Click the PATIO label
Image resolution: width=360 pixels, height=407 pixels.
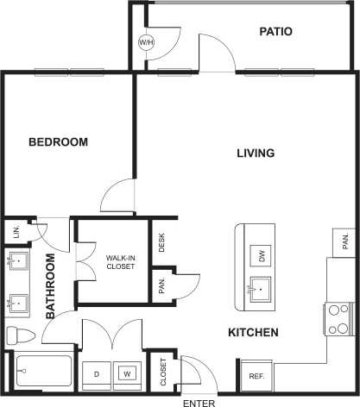click(x=275, y=32)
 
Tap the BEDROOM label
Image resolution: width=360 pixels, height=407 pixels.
click(x=58, y=142)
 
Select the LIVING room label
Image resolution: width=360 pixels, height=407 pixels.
click(x=256, y=153)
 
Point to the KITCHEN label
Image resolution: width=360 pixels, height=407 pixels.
click(x=252, y=332)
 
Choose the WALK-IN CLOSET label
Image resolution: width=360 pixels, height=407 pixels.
click(x=120, y=262)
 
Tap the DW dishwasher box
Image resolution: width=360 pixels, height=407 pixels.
click(x=261, y=254)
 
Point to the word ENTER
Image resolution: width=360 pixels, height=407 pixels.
click(x=199, y=402)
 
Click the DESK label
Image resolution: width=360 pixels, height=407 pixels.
click(x=161, y=244)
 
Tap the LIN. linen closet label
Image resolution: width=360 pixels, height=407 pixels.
click(x=16, y=231)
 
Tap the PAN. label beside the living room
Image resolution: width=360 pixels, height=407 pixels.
click(x=342, y=239)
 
